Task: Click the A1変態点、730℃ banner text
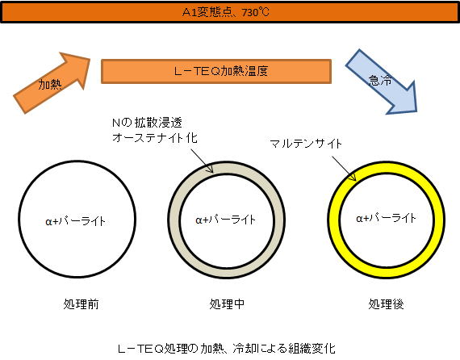[x=226, y=13]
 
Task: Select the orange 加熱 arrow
[x=52, y=83]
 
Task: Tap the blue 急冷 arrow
[x=382, y=82]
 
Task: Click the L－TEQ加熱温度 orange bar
[x=216, y=71]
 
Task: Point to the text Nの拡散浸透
[x=147, y=123]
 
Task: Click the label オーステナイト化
[x=155, y=137]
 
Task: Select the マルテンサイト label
[x=305, y=144]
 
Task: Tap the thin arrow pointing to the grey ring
[x=202, y=161]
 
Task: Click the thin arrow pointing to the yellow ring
[x=344, y=169]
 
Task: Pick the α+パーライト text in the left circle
[x=75, y=221]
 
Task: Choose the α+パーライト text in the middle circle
[x=226, y=220]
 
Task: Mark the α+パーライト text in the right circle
[x=386, y=218]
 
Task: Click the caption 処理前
[x=81, y=304]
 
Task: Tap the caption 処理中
[x=227, y=304]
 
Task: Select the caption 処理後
[x=386, y=304]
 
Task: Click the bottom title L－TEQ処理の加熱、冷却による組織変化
[x=226, y=349]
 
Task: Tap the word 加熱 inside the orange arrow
[x=50, y=85]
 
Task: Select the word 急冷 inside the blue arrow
[x=380, y=80]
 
